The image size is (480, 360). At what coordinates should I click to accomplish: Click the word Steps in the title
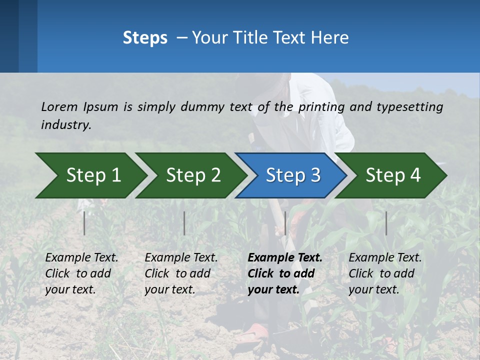coord(145,37)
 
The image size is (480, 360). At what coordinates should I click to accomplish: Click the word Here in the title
coord(329,37)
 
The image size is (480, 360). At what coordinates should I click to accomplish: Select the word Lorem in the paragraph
coord(59,106)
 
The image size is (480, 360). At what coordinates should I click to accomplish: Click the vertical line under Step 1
coord(84,223)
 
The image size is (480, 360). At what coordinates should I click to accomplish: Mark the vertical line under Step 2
coord(184,223)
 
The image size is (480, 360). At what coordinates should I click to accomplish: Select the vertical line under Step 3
coord(285,223)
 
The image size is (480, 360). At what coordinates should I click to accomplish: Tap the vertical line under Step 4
coord(386,223)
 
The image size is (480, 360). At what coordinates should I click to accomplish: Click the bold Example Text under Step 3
coord(285,257)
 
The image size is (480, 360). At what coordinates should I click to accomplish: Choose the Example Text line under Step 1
coord(82,257)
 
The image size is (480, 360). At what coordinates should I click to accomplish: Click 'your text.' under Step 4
coord(374,289)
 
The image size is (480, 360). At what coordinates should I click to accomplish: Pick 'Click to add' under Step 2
coord(177,273)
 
